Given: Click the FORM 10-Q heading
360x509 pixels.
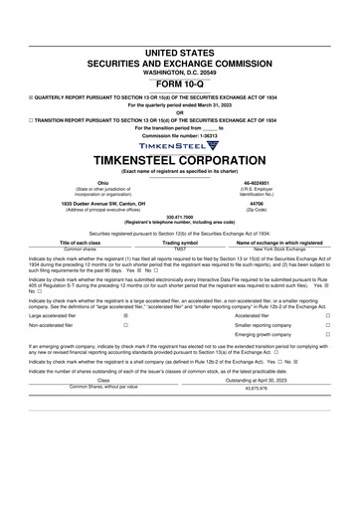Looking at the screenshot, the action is (x=179, y=56).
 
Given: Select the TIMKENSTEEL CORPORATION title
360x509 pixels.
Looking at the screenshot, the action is (x=179, y=161).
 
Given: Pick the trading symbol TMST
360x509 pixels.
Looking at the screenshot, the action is (x=180, y=249).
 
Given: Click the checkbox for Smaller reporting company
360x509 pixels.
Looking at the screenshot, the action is (x=327, y=325).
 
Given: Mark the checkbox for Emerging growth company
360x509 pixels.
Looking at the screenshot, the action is (x=327, y=335).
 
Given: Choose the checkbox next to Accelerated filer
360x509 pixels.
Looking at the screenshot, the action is (x=327, y=315).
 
